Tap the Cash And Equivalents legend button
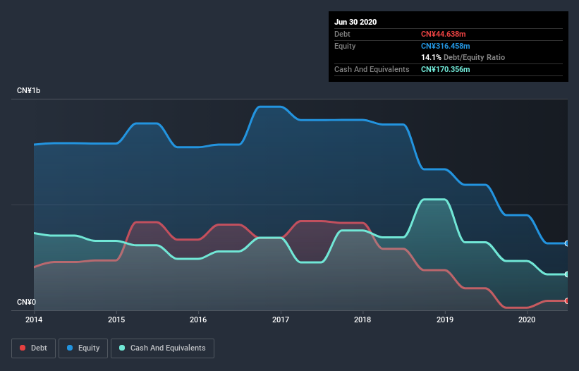coord(162,348)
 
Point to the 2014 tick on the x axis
coord(35,320)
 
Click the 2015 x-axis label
coord(117,320)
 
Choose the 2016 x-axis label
coord(199,320)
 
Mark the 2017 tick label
coord(281,320)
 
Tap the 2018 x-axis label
coord(363,320)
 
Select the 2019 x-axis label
coord(445,320)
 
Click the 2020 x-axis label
coord(527,320)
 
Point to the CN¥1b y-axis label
coord(30,91)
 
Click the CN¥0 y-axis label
coord(27,303)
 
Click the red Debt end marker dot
coord(567,301)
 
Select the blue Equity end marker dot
coord(567,243)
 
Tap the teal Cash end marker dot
coord(567,274)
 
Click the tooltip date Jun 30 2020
coord(355,22)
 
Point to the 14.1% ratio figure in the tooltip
coord(431,57)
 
